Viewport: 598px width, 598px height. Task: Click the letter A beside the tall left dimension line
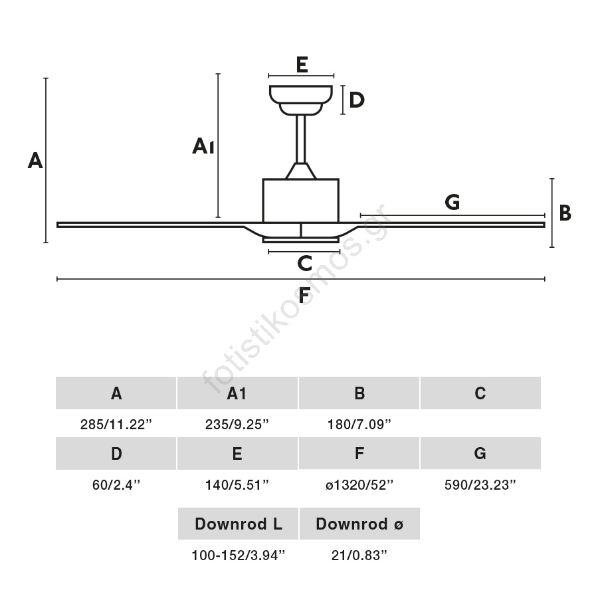pos(35,160)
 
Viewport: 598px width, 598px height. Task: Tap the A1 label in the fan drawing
pos(203,146)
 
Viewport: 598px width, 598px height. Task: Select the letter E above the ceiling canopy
pos(301,64)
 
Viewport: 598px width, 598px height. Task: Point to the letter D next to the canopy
pos(357,100)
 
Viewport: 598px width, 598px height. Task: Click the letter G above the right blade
pos(452,201)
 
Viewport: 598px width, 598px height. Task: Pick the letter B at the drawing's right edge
pos(565,213)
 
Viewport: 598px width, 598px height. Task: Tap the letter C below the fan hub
pos(304,263)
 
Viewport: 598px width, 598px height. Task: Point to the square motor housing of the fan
pos(301,200)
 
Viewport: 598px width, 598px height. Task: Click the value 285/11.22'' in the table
pos(116,425)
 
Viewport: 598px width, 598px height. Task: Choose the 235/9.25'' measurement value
pos(237,425)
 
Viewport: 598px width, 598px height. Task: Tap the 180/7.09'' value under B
pos(359,425)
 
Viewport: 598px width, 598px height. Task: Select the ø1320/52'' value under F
pos(359,485)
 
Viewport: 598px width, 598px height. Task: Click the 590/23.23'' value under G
pos(480,485)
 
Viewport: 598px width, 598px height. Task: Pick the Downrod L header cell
pos(238,524)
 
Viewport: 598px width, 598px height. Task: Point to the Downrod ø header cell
pos(359,524)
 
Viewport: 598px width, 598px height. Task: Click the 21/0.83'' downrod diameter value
pos(359,555)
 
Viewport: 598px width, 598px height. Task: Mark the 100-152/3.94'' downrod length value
pos(238,555)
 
